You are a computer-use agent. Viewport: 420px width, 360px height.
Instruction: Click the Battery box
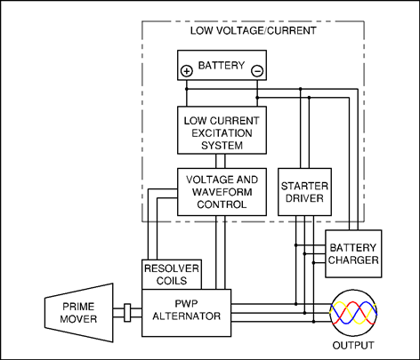coord(222,65)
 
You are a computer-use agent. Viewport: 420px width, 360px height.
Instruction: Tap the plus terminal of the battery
coord(187,71)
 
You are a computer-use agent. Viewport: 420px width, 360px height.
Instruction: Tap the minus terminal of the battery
coord(257,71)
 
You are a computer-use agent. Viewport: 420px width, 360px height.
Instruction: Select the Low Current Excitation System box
coord(222,130)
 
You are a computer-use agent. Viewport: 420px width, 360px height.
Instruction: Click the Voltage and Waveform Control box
coord(222,192)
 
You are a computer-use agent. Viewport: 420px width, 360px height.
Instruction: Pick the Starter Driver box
coord(304,192)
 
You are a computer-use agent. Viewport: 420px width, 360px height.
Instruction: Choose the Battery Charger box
coord(353,253)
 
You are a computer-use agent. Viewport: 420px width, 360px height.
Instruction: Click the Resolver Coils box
coord(172,275)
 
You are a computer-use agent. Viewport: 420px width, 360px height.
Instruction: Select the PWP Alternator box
coord(186,313)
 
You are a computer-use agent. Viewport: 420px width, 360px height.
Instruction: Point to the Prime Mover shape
coord(79,313)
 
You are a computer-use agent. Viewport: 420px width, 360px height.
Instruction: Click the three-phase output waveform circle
coord(353,313)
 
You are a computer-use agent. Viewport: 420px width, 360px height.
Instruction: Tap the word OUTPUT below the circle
coord(353,346)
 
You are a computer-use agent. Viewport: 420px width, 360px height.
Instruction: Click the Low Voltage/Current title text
coord(254,31)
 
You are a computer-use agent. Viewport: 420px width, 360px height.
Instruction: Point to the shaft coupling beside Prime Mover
coord(127,313)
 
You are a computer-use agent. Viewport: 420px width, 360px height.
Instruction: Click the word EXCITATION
coord(222,133)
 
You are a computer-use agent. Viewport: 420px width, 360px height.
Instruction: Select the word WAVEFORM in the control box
coord(222,192)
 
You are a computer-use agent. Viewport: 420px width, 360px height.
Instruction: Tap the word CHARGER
coord(353,260)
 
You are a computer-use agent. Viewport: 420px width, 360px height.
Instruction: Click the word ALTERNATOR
coord(187,316)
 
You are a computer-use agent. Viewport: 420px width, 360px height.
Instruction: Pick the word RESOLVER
coord(172,268)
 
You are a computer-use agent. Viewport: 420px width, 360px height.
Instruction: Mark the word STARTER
coord(304,186)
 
